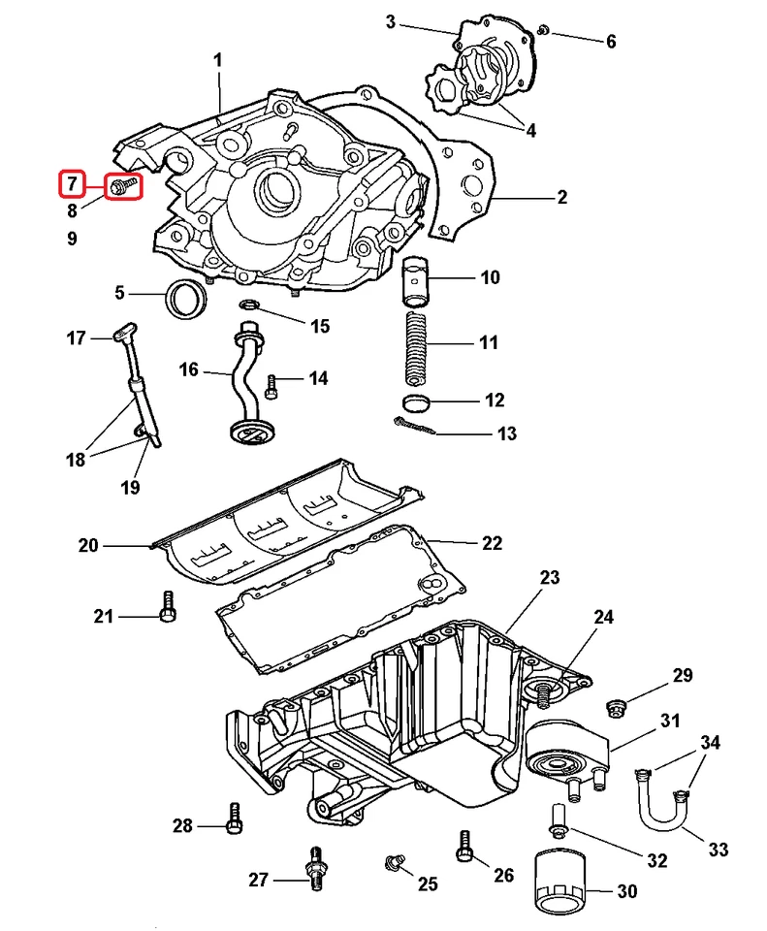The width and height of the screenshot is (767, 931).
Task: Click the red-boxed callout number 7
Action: coord(70,183)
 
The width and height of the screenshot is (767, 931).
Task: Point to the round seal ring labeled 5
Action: coord(186,297)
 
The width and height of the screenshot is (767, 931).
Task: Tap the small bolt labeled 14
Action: coord(272,387)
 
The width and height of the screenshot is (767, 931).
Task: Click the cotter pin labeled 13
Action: coord(415,426)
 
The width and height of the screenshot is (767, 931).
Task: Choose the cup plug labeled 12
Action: coord(416,402)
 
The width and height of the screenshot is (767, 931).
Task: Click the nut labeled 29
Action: coord(617,705)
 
